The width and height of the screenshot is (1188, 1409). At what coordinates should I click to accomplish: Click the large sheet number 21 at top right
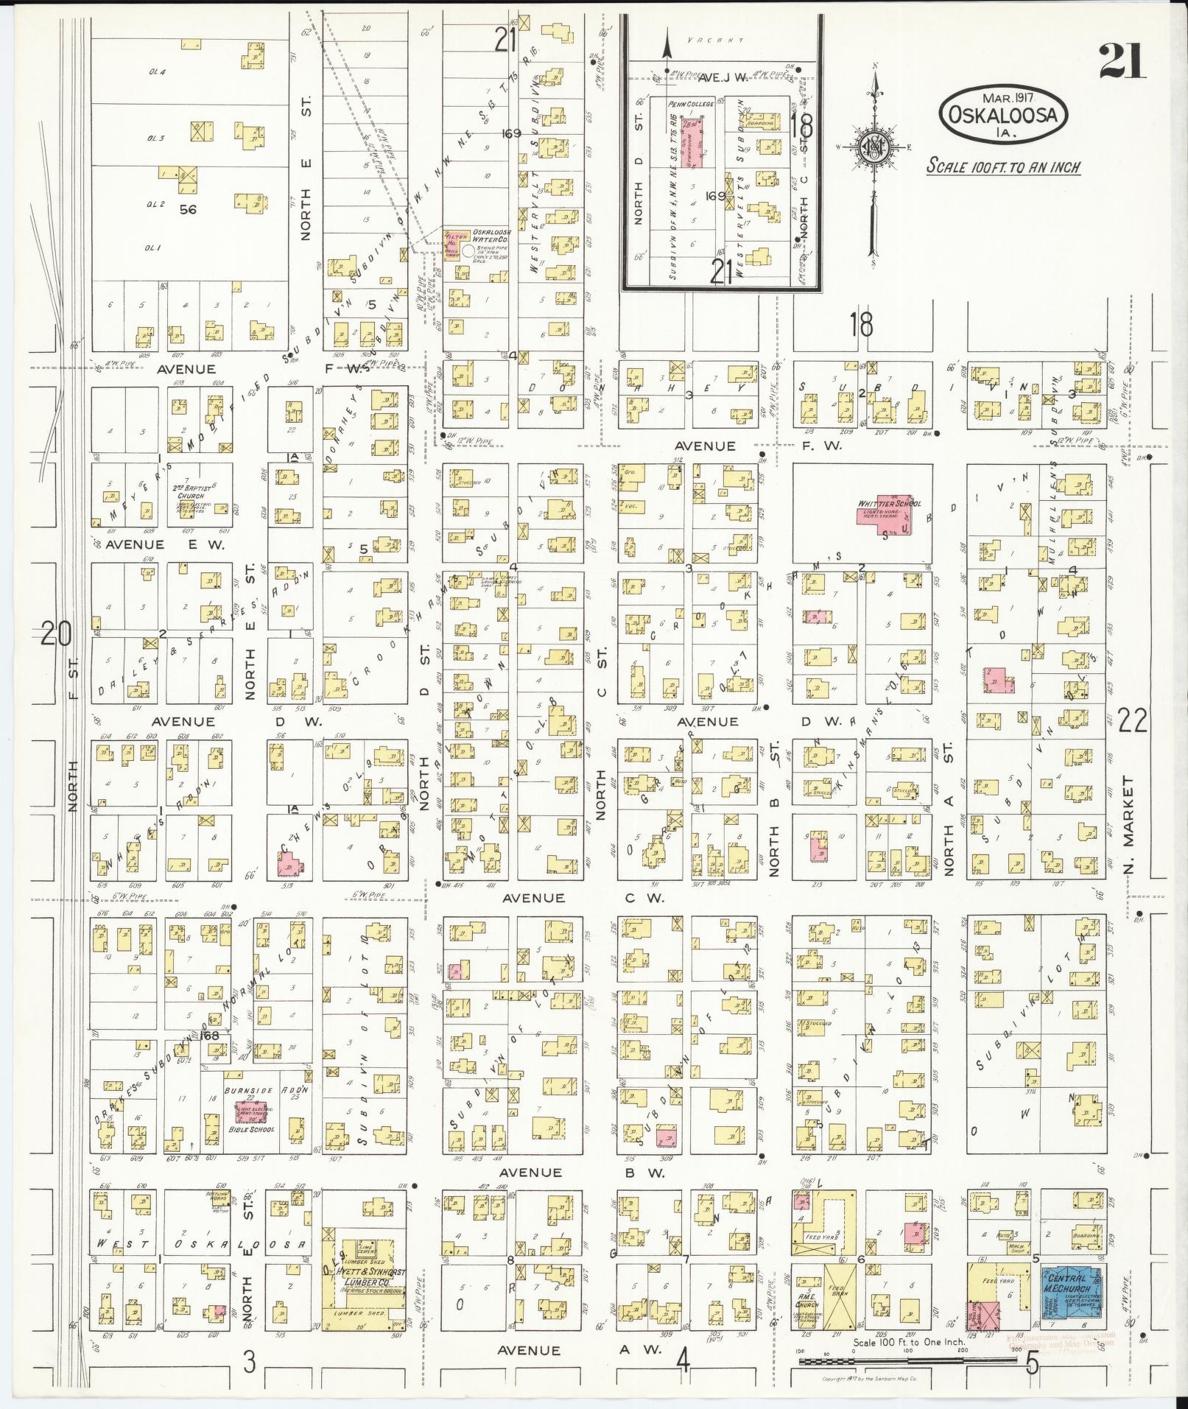pos(1122,61)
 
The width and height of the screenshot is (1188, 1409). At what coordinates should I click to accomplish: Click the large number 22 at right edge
pos(1131,720)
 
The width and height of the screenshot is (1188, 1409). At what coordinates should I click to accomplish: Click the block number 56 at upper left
pos(188,210)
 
